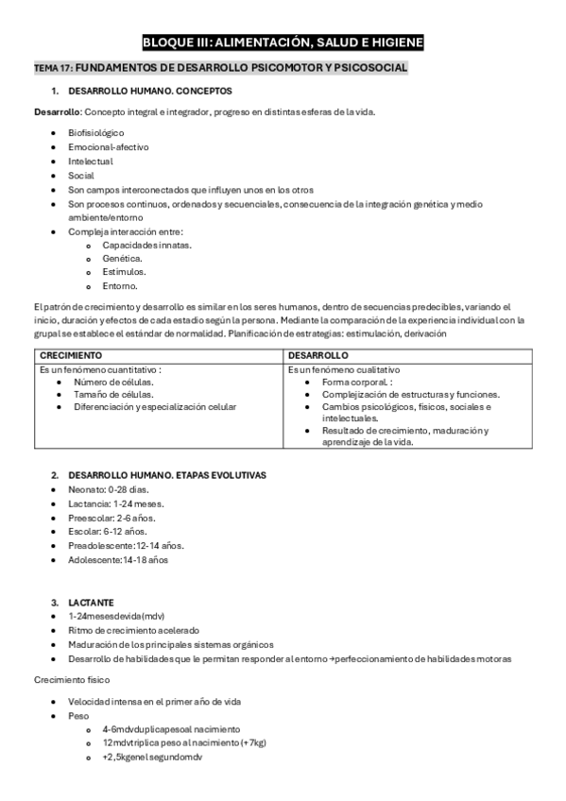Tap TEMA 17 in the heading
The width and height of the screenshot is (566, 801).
click(x=53, y=69)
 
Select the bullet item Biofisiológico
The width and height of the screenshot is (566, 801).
click(x=96, y=133)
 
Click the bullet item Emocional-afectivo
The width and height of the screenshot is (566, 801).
click(x=108, y=147)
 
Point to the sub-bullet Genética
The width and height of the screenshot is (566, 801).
click(x=122, y=258)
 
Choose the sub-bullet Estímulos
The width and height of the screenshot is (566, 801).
click(x=124, y=272)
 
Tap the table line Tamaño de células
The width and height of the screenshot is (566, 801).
click(x=113, y=394)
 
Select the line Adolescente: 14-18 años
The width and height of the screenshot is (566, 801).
click(x=118, y=559)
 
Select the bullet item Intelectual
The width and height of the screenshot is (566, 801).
click(x=91, y=161)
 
